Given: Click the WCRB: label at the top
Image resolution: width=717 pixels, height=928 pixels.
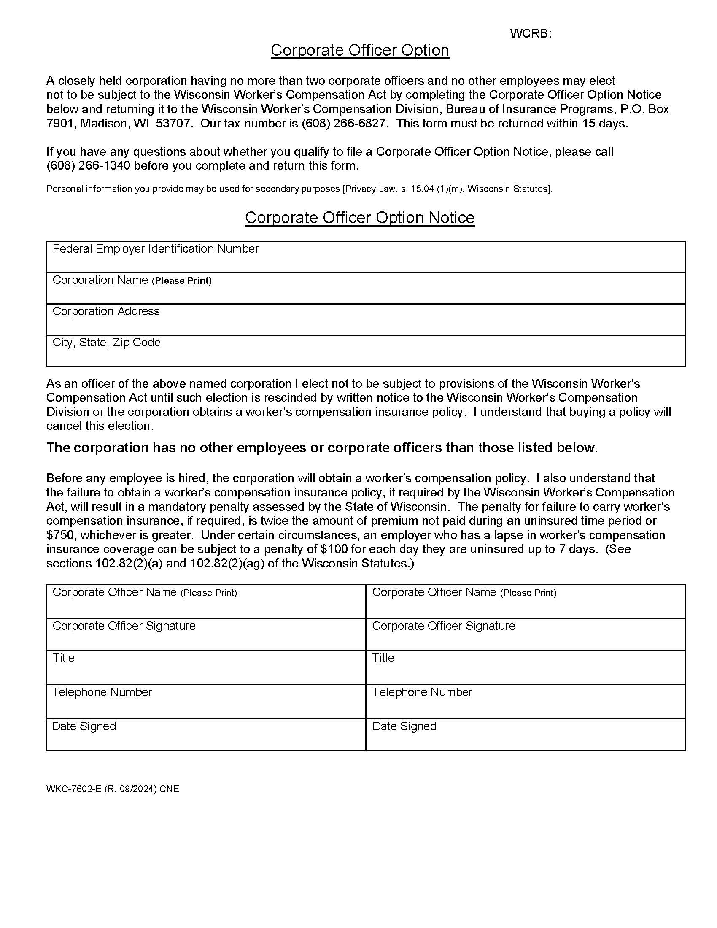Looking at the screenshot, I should coord(530,34).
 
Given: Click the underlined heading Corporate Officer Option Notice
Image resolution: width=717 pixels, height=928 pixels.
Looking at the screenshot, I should coord(359,218).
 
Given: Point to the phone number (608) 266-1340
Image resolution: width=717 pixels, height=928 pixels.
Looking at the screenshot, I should coord(88,166).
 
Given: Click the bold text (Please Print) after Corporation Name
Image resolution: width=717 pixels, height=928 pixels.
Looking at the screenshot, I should coord(183,281).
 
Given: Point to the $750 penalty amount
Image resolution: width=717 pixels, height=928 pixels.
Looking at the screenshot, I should coord(60,535).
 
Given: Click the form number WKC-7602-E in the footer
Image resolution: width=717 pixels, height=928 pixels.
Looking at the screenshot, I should coord(74,789).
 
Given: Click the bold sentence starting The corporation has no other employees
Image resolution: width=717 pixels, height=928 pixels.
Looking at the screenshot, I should coord(321,448).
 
